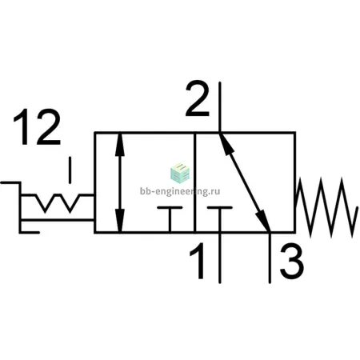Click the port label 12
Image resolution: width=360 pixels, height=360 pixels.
(x=37, y=127)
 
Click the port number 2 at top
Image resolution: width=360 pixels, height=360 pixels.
(x=198, y=98)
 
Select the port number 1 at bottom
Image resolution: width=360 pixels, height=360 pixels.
(x=198, y=261)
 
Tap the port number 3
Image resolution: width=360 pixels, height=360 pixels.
(x=291, y=261)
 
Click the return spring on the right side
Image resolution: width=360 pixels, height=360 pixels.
(x=326, y=207)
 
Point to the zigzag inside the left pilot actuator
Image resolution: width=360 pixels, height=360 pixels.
(x=58, y=203)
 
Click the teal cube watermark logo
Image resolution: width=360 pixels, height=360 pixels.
(x=180, y=174)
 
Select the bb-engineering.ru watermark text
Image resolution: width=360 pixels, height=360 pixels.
(x=180, y=191)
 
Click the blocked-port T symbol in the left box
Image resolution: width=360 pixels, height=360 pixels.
(x=170, y=219)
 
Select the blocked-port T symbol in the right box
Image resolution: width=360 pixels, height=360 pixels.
(x=220, y=219)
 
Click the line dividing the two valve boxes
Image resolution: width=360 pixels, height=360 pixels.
(x=194, y=182)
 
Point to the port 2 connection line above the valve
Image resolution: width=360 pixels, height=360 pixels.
(x=220, y=107)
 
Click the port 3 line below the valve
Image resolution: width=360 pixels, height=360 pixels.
(x=270, y=258)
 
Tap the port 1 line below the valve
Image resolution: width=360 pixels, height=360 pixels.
(x=220, y=258)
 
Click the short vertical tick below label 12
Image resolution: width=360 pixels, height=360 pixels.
(x=70, y=170)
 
